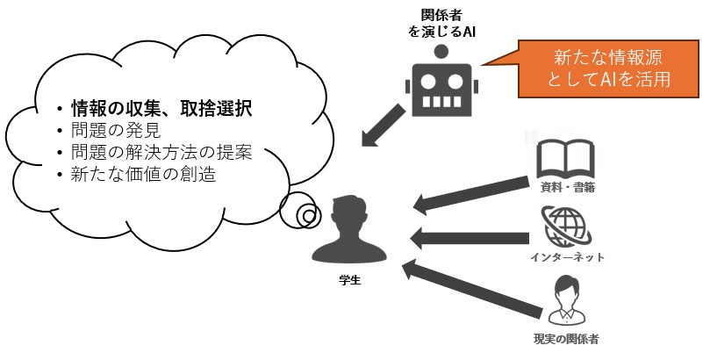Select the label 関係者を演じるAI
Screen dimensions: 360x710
click(443, 25)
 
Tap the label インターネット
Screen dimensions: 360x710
click(567, 256)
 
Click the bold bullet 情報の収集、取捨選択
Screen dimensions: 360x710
click(161, 110)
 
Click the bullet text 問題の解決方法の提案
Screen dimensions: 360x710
click(161, 152)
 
